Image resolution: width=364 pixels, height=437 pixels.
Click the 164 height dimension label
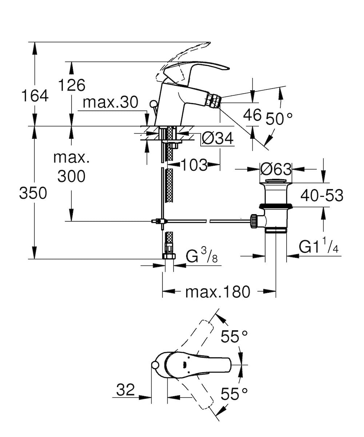(x=35, y=96)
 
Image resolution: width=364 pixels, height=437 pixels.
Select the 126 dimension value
(x=72, y=85)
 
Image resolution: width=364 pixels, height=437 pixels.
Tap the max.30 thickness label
(x=110, y=103)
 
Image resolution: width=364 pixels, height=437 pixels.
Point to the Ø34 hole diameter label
(x=217, y=139)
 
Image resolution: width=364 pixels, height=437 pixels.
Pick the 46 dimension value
(x=252, y=115)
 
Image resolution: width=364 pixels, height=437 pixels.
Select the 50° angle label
(x=279, y=119)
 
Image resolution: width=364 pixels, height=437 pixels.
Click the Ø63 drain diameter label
(x=276, y=169)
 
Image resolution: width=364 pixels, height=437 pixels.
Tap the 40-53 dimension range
(x=321, y=196)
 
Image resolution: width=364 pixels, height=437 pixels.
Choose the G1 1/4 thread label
(x=319, y=247)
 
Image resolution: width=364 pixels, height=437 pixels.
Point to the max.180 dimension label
(x=218, y=291)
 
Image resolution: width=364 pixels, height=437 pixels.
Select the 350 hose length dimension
(x=33, y=193)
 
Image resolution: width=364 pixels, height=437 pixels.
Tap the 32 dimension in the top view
(x=125, y=390)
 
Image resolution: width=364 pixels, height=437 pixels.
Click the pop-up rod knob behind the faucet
(x=153, y=104)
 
